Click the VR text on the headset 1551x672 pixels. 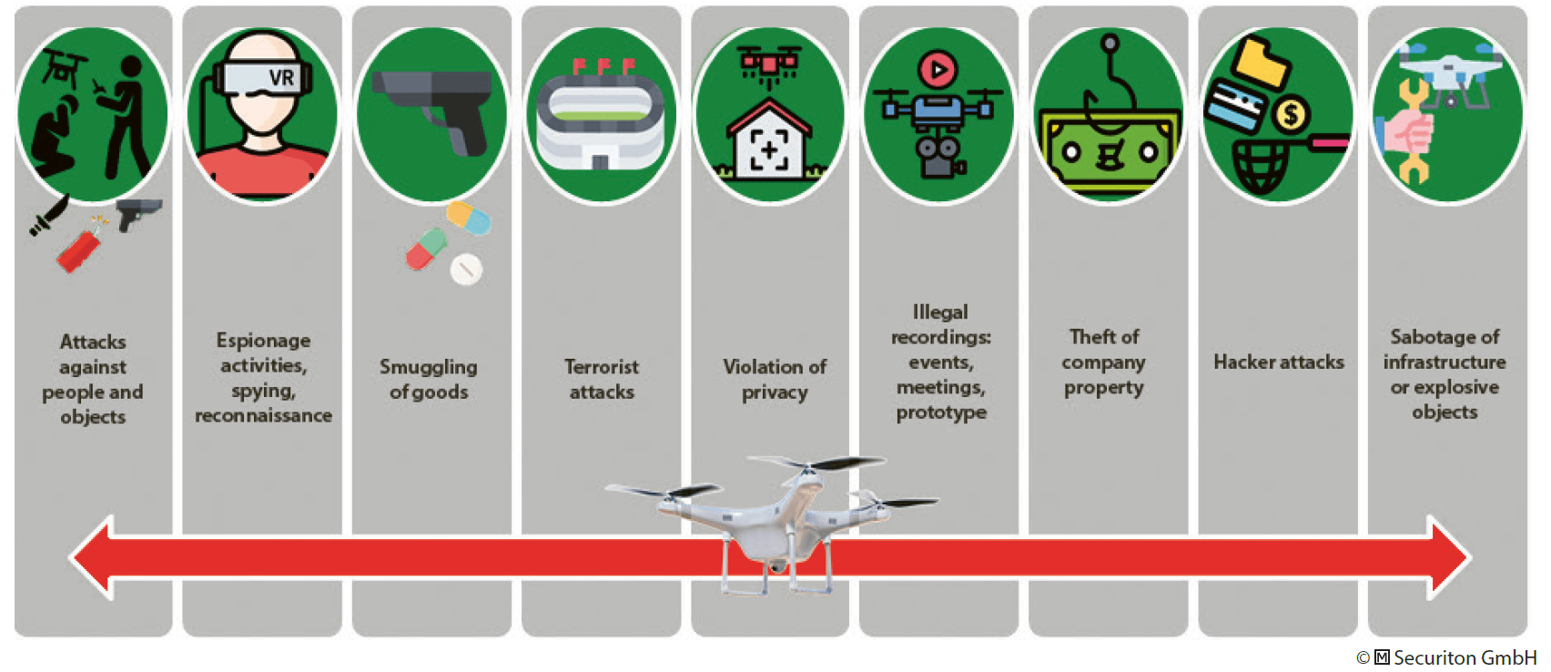(x=281, y=78)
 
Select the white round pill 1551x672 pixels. (x=466, y=270)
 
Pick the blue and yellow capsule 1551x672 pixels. (x=469, y=219)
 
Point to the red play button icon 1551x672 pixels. (x=938, y=69)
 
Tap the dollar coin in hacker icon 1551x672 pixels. (x=1290, y=116)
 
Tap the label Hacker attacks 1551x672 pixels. (x=1278, y=362)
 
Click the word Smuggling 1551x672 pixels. (x=428, y=367)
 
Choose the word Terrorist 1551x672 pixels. (x=601, y=367)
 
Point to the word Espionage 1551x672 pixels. (x=263, y=341)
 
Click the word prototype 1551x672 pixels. (x=941, y=412)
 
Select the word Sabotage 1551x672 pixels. (x=1445, y=337)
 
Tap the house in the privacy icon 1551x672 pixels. (x=769, y=141)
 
